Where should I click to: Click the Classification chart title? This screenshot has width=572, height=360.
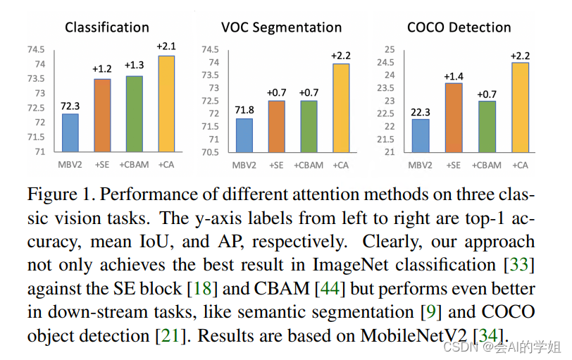[107, 27]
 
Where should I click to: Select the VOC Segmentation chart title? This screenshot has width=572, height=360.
[281, 27]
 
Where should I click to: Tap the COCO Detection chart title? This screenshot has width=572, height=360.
[459, 27]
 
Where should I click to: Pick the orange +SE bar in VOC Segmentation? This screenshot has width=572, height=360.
[276, 126]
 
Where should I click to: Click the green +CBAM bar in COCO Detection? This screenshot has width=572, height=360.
[487, 126]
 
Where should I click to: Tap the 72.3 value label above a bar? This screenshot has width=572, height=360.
[70, 106]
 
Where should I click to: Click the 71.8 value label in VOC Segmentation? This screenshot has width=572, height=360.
[244, 111]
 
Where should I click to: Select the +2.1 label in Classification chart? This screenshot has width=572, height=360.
[167, 46]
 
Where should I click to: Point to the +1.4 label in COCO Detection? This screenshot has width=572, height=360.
[454, 75]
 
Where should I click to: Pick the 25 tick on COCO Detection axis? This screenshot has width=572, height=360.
[389, 49]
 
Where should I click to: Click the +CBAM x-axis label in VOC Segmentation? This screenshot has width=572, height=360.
[309, 166]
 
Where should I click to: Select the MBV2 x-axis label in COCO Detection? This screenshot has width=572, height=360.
[421, 166]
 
